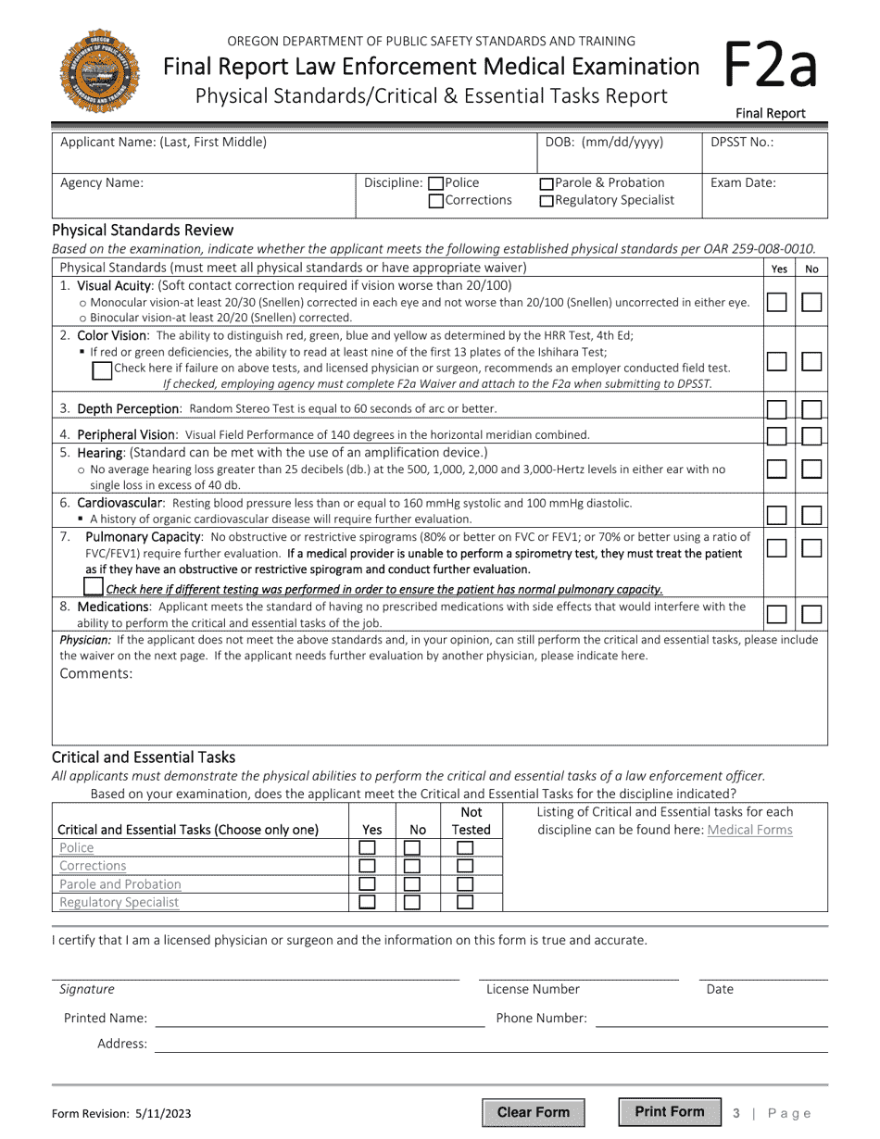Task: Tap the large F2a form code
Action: [768, 67]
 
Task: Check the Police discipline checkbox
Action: [436, 183]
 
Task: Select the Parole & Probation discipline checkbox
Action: [547, 183]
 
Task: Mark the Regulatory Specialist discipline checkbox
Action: [547, 201]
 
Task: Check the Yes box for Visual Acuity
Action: [777, 302]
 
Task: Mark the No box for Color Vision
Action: [811, 361]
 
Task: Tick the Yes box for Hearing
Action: [777, 469]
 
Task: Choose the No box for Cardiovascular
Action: [811, 515]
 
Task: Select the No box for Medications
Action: [811, 614]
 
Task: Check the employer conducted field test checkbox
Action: [103, 369]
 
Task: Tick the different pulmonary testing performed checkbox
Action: [93, 587]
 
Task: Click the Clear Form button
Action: [533, 1112]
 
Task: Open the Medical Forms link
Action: [749, 830]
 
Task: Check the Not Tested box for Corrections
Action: [465, 866]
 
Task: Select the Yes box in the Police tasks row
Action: [368, 847]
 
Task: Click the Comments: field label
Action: [96, 673]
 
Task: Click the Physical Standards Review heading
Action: [143, 230]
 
